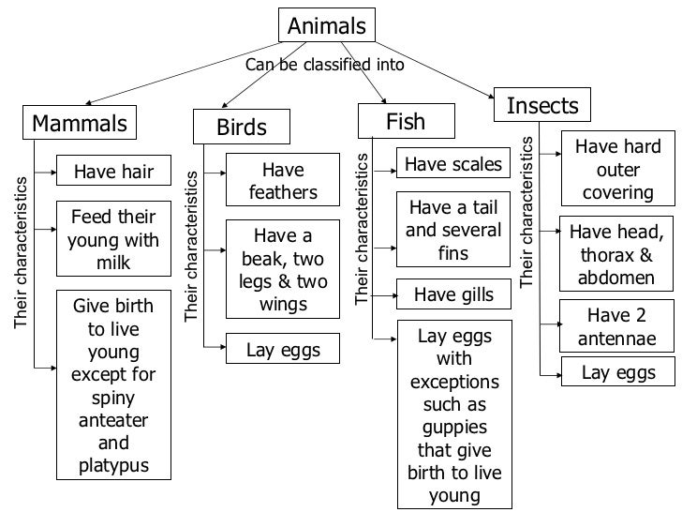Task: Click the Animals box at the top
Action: point(327,25)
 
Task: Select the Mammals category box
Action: point(80,124)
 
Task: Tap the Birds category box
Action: point(242,127)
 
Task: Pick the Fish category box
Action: point(406,122)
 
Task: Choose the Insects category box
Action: point(542,105)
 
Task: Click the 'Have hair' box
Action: point(113,171)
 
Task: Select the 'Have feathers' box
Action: point(283,181)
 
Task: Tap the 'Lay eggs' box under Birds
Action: point(283,351)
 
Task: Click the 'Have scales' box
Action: point(453,165)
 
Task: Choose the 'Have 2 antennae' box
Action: point(617,325)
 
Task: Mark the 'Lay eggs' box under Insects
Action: point(617,372)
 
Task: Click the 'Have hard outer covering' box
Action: point(617,169)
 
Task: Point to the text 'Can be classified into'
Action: point(324,66)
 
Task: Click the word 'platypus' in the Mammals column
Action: point(113,466)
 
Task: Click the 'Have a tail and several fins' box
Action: point(454,231)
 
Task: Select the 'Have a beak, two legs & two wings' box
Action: point(283,269)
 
